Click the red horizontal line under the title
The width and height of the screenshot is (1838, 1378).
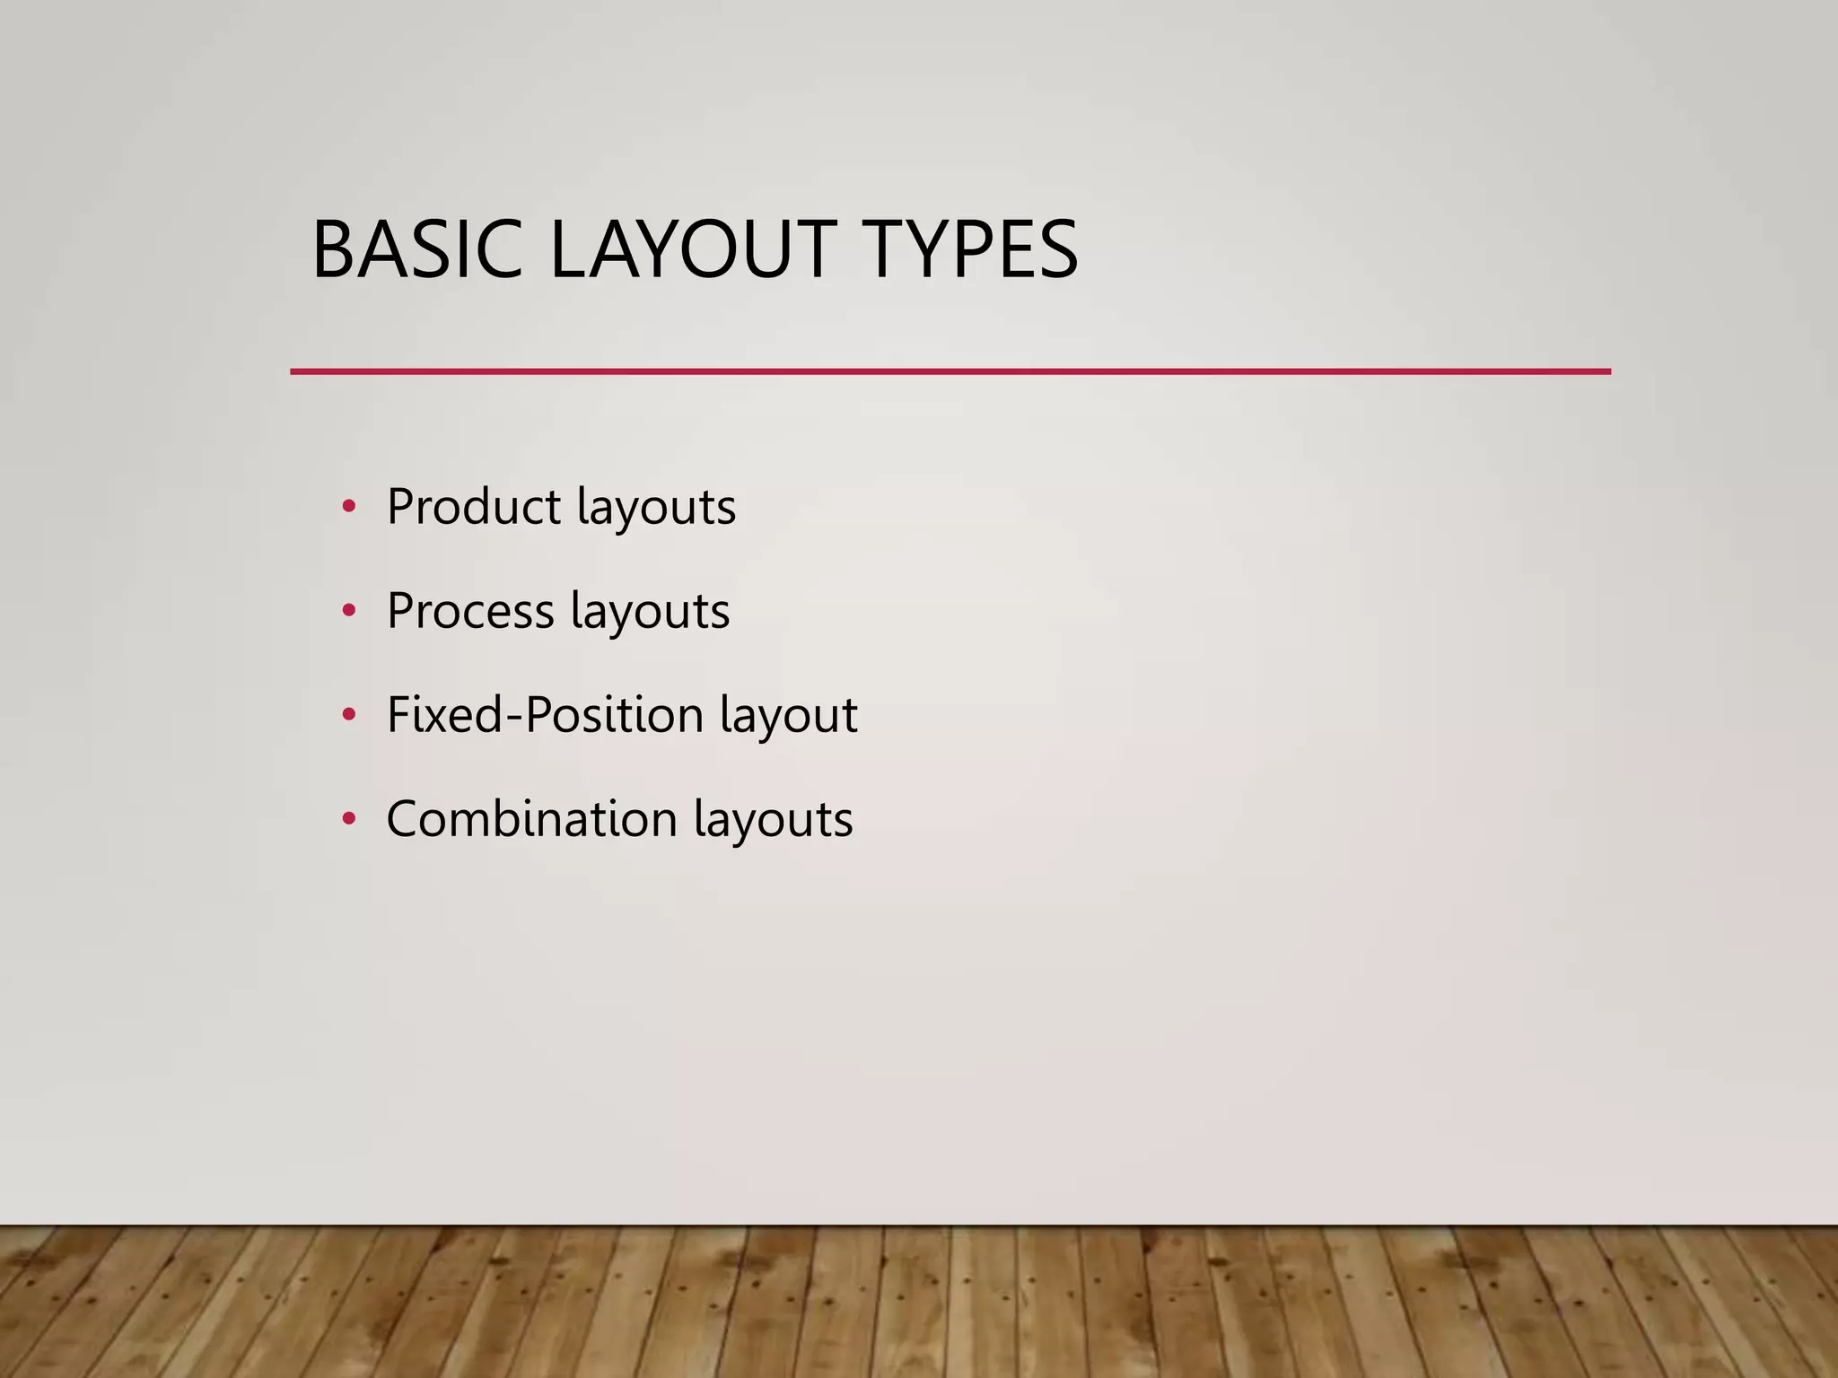pyautogui.click(x=950, y=371)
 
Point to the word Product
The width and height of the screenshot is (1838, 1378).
pyautogui.click(x=474, y=507)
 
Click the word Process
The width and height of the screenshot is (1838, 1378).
pyautogui.click(x=470, y=611)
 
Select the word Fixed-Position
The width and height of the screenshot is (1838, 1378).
pyautogui.click(x=545, y=715)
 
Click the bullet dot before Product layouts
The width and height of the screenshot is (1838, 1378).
pyautogui.click(x=349, y=508)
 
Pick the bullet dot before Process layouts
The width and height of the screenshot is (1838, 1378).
pyautogui.click(x=349, y=612)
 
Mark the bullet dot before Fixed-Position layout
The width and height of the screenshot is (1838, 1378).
pyautogui.click(x=349, y=716)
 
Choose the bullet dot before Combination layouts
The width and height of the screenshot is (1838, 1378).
pyautogui.click(x=349, y=820)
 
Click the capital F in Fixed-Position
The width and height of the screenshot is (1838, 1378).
pyautogui.click(x=398, y=715)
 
